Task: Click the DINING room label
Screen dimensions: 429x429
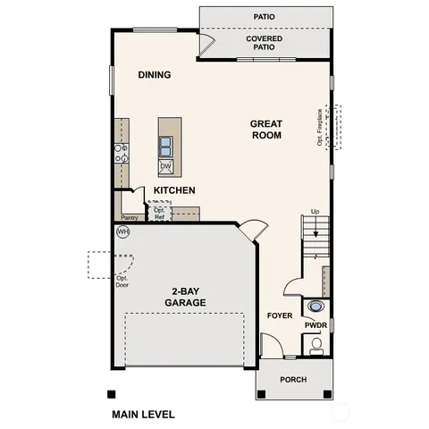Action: (154, 75)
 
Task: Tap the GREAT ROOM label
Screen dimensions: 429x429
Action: (265, 130)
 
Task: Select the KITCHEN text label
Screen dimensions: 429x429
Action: (174, 191)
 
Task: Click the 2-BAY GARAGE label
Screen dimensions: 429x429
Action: (185, 297)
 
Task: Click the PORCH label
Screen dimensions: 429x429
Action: (293, 380)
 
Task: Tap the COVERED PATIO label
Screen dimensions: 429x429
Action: (265, 43)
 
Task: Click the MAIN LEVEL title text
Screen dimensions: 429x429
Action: (143, 415)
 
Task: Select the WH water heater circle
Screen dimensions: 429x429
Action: (122, 231)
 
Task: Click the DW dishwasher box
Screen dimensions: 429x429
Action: (165, 166)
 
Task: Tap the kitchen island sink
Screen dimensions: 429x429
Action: (166, 143)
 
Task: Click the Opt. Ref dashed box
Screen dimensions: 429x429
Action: (159, 212)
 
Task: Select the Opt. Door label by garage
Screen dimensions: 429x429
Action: (122, 282)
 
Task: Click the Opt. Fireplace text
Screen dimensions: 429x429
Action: (319, 127)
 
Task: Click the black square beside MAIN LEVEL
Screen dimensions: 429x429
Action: (111, 394)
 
